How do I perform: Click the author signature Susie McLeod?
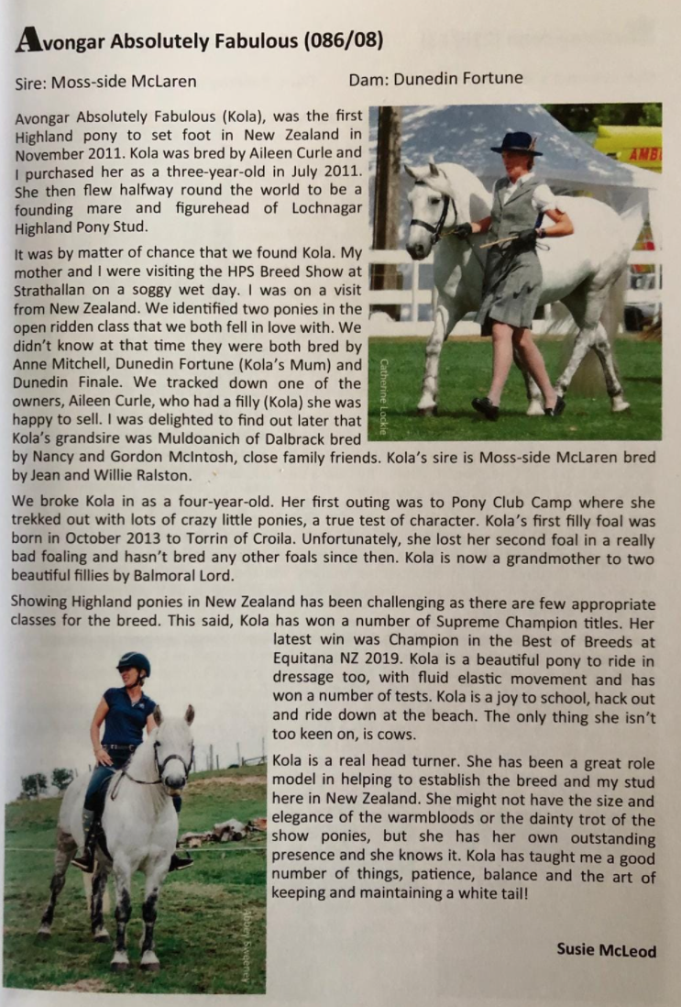tap(606, 950)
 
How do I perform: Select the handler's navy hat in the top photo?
tap(515, 142)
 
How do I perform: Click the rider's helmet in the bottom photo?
tap(133, 664)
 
